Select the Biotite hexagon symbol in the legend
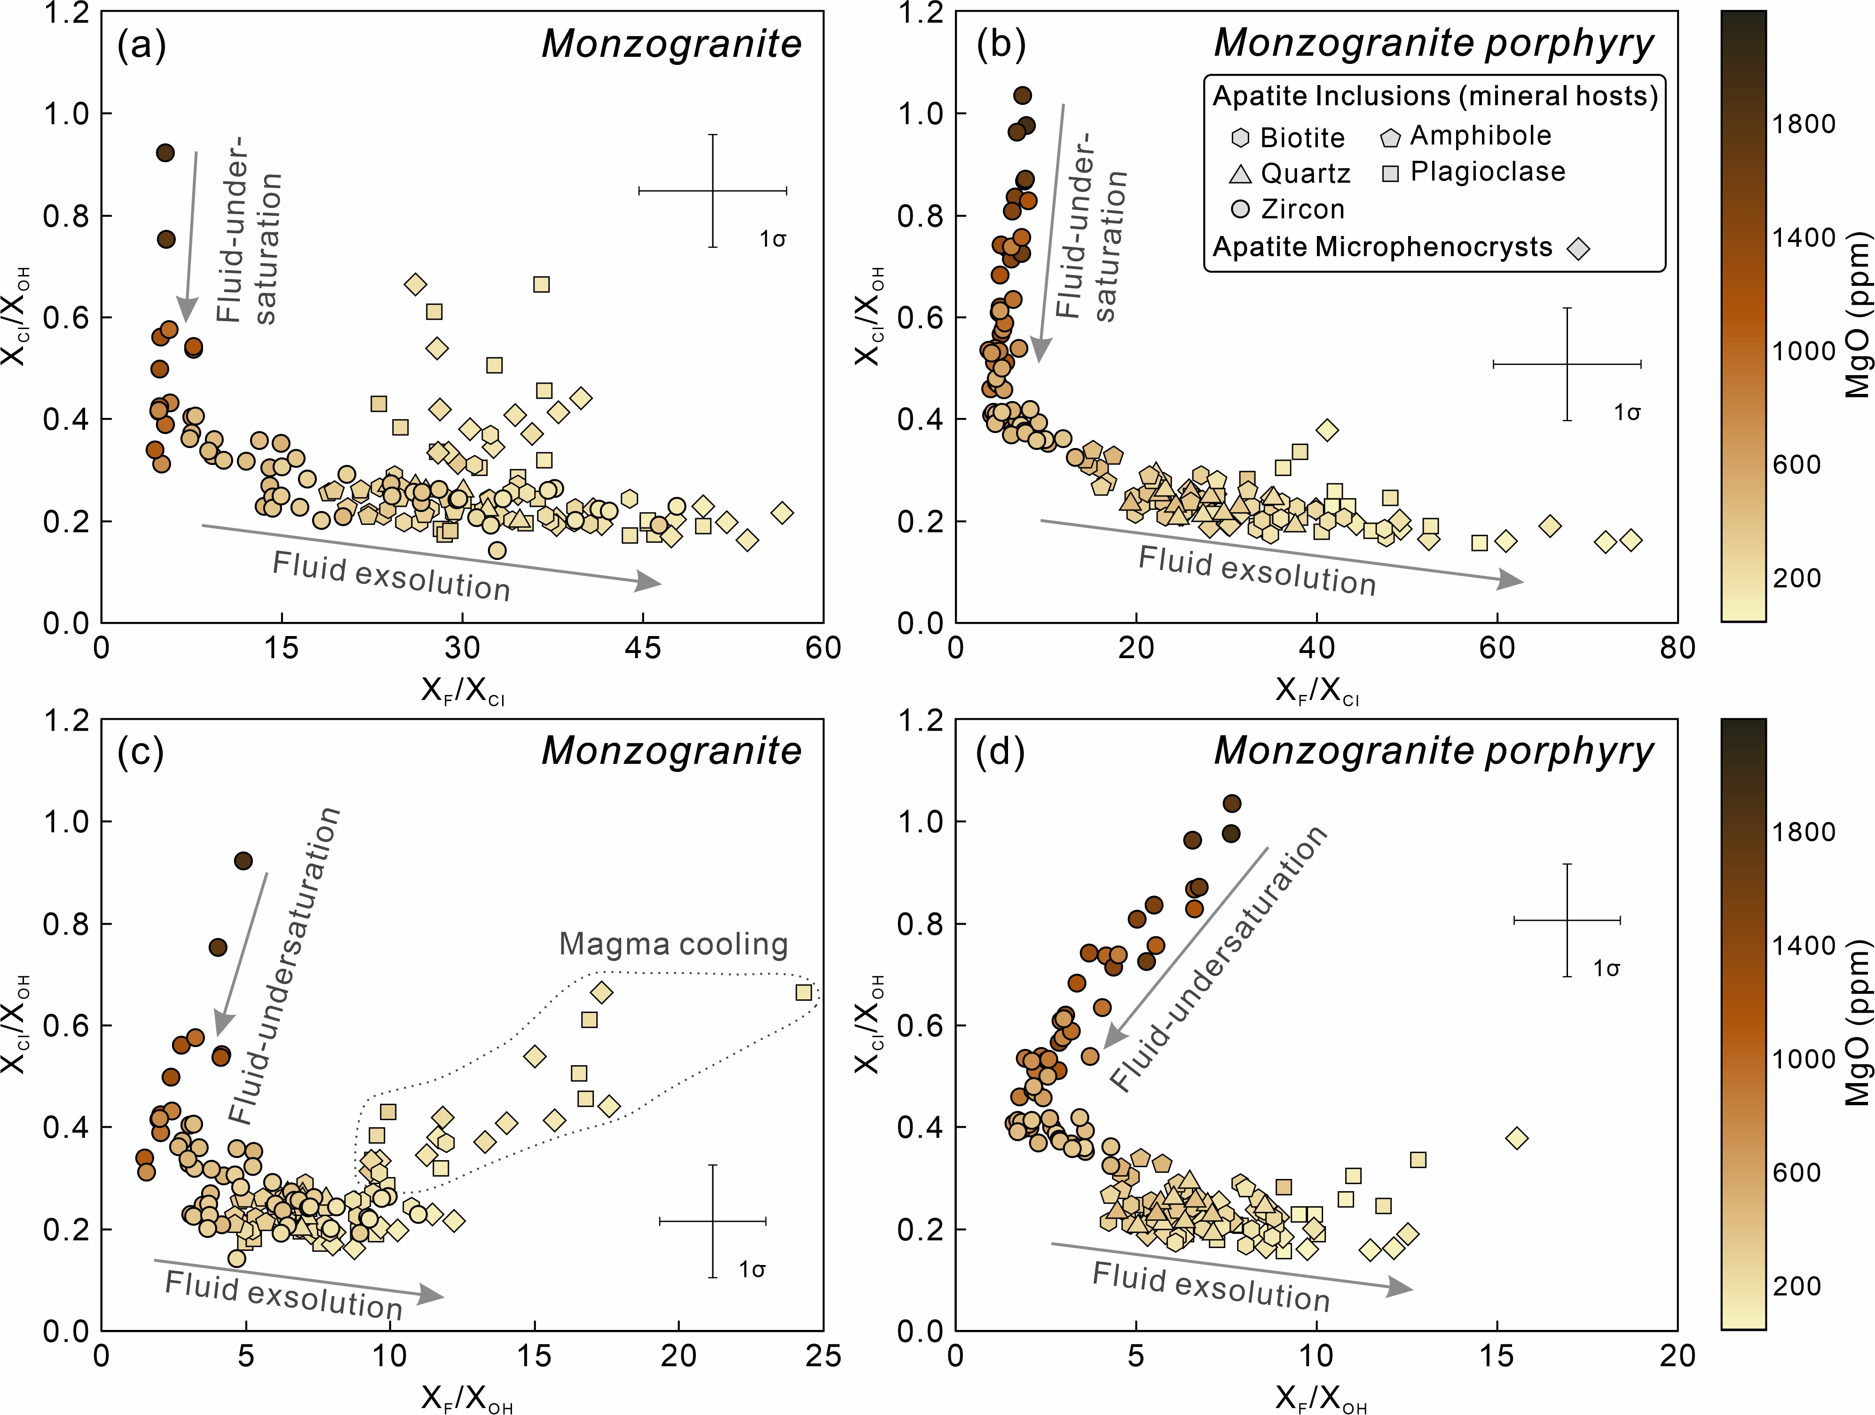1240,137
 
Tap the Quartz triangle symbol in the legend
1240,173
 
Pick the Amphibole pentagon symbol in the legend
1390,137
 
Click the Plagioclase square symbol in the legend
1390,173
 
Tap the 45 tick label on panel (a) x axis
643,648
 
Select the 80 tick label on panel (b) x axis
1677,648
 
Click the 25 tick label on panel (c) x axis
822,1356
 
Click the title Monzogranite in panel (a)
671,44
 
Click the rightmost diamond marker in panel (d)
1516,1138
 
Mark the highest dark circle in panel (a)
165,152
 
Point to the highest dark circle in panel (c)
243,861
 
